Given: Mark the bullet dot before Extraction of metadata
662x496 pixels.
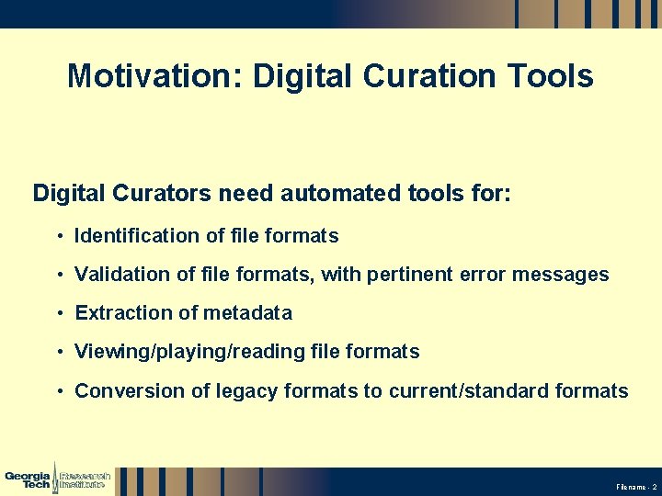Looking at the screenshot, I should coord(59,314).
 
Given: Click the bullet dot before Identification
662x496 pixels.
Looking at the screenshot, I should coord(59,237).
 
